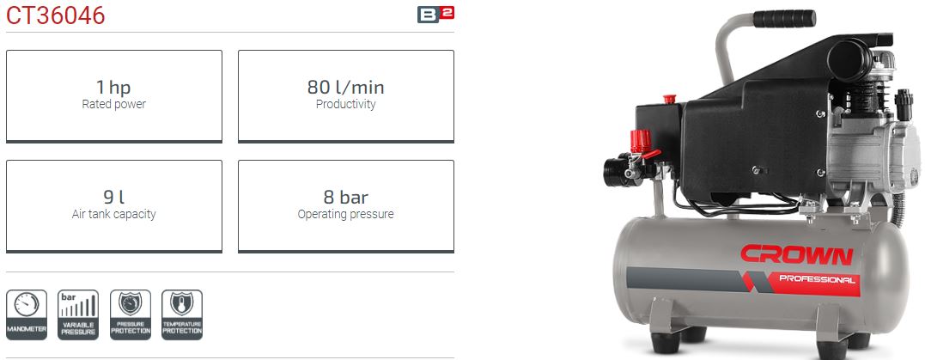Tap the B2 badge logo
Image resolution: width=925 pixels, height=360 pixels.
click(435, 14)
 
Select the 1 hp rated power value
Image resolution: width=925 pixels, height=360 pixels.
click(113, 88)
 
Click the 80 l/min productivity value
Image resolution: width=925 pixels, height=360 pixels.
click(345, 88)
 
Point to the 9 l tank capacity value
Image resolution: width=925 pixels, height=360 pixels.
click(113, 198)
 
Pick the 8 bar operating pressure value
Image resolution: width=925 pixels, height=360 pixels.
click(345, 198)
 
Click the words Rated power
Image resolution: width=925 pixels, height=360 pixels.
click(113, 105)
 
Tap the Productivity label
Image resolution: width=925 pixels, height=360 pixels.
click(345, 105)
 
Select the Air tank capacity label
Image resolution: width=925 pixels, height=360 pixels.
click(113, 214)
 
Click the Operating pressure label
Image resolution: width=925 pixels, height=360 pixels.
click(345, 214)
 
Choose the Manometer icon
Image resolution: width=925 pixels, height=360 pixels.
click(27, 314)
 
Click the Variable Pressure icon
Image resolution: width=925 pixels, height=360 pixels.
click(78, 314)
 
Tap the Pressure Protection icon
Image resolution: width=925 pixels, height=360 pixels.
click(130, 314)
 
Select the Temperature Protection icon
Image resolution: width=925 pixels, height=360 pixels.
click(182, 314)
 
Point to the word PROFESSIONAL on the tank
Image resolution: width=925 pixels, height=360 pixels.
click(817, 279)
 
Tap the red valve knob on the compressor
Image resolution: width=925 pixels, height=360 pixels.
click(636, 140)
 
